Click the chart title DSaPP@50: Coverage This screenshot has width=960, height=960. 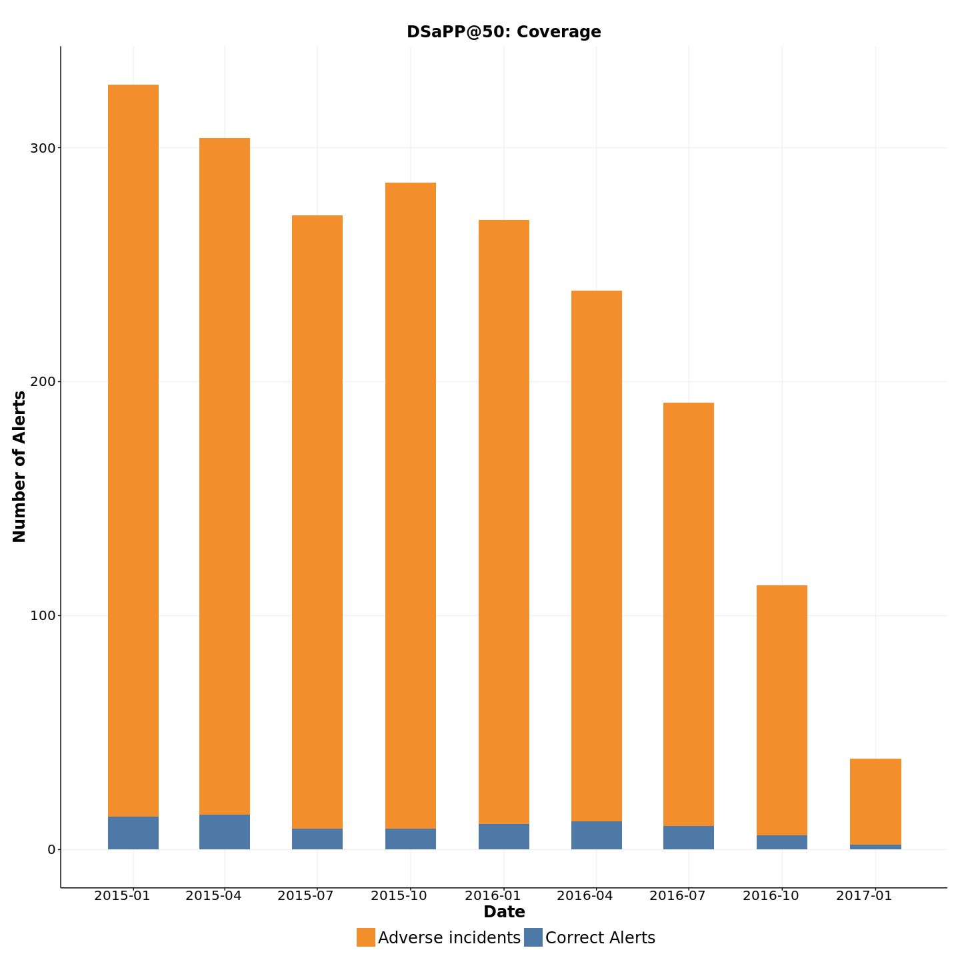click(x=503, y=32)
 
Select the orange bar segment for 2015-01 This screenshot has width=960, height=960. click(x=133, y=450)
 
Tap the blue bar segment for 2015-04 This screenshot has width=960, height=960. click(x=225, y=832)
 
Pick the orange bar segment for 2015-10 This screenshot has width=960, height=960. click(x=411, y=505)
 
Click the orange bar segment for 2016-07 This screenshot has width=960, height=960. click(x=689, y=614)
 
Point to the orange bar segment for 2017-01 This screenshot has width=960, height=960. click(x=875, y=801)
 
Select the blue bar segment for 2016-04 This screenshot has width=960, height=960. click(x=597, y=835)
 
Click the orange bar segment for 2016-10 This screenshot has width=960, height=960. click(x=782, y=710)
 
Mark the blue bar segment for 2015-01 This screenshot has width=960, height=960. click(x=133, y=833)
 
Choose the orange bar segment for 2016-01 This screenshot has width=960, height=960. click(x=504, y=521)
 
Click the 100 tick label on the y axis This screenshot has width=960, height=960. click(x=42, y=615)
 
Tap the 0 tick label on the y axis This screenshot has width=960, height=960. click(x=51, y=849)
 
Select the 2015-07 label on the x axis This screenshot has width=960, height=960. click(x=305, y=895)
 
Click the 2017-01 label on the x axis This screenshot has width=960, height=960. click(x=864, y=895)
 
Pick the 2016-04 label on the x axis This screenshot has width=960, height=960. click(x=585, y=895)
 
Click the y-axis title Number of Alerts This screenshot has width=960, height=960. click(x=19, y=467)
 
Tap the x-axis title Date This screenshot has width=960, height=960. click(x=504, y=912)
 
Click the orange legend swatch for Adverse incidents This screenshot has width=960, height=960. click(x=366, y=937)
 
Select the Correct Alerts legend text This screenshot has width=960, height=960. click(x=600, y=938)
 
